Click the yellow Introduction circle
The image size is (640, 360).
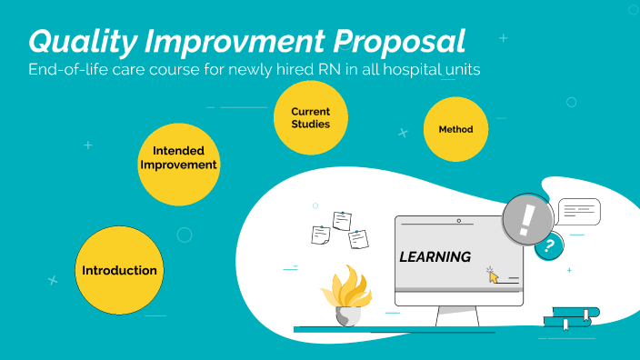pyautogui.click(x=119, y=270)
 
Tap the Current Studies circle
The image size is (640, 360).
pyautogui.click(x=310, y=117)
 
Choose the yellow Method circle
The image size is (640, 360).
pyautogui.click(x=456, y=129)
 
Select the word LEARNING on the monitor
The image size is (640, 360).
pyautogui.click(x=435, y=256)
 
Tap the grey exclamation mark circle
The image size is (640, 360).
pyautogui.click(x=527, y=220)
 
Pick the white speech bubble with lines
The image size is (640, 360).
pyautogui.click(x=579, y=212)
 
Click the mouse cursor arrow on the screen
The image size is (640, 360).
pyautogui.click(x=493, y=274)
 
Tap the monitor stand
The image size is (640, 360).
pyautogui.click(x=457, y=316)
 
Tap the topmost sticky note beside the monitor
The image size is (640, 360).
pyautogui.click(x=342, y=220)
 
